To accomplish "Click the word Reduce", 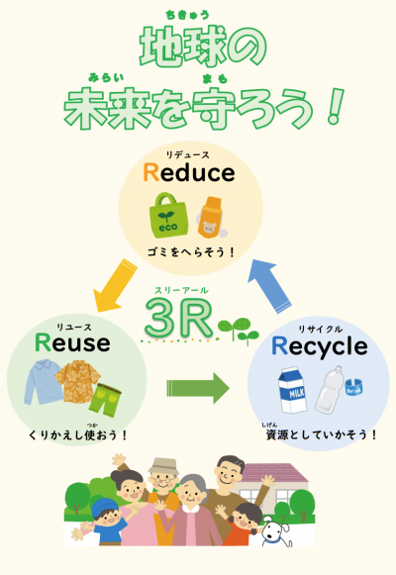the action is coord(189,173).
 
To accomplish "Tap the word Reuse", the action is coord(72,342).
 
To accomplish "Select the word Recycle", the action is coord(320,347).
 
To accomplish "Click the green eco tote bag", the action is coord(168,216).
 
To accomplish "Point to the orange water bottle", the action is coord(211,217).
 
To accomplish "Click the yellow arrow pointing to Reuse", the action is coord(115,286).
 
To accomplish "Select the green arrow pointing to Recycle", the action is coord(198,388).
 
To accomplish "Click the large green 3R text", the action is coord(179,318).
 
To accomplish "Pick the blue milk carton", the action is coord(292,390).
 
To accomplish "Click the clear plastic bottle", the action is coord(330,390).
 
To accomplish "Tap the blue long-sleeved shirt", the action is coord(44,382).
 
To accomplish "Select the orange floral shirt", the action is coord(78,381).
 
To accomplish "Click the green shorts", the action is coord(105,400).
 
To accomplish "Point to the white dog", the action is coord(276,531).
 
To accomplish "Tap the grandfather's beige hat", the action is coord(163,466).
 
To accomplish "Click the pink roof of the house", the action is coord(274,473).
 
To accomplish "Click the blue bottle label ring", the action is coord(353,388).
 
